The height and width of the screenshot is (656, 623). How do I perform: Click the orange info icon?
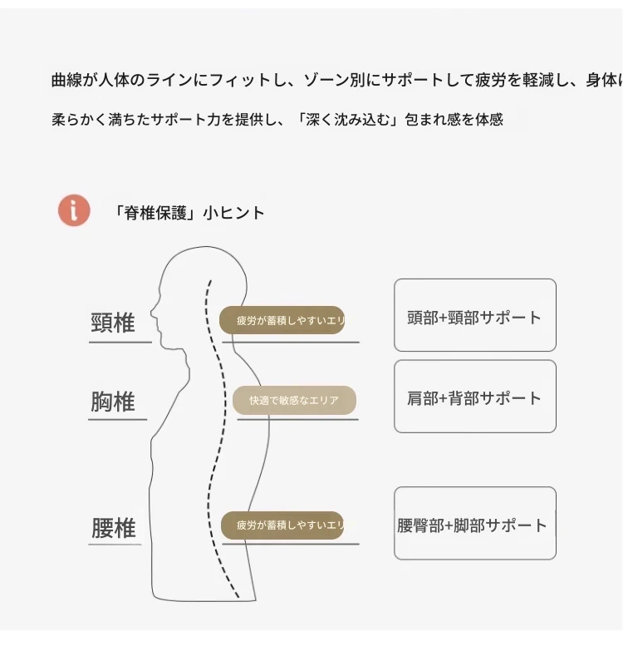(74, 210)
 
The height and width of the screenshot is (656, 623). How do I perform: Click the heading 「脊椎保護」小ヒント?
(189, 213)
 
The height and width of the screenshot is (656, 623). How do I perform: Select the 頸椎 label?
(113, 323)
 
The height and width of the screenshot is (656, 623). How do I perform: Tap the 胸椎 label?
(113, 402)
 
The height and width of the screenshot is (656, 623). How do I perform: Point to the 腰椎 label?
(114, 528)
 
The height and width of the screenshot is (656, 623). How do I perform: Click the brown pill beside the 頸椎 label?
(282, 320)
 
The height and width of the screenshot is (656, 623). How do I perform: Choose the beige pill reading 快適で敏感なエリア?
(294, 400)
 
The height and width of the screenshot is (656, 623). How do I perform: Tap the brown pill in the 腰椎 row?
(282, 525)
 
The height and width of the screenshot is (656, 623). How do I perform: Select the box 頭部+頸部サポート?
(474, 316)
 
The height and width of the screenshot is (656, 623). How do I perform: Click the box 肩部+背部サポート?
(474, 397)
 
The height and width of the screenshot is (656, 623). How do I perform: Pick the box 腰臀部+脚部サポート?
(474, 524)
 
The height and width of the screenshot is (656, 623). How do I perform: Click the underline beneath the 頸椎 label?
(120, 342)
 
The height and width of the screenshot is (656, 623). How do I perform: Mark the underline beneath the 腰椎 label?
(115, 545)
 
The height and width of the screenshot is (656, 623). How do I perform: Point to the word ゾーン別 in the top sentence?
(344, 81)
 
